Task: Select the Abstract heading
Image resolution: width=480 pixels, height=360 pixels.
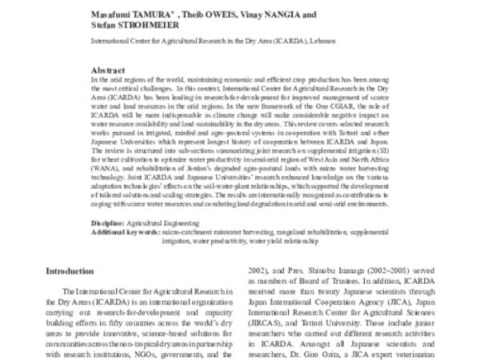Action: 110,70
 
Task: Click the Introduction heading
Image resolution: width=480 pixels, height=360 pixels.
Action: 73,271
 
